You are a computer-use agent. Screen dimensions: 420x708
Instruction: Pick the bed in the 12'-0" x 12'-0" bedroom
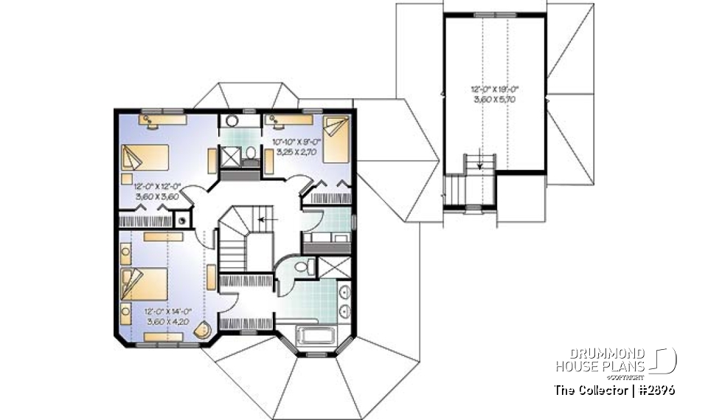point(143,157)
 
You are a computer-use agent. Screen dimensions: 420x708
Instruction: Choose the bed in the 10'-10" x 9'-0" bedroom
point(336,139)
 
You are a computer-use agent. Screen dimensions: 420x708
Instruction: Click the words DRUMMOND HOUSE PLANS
point(600,360)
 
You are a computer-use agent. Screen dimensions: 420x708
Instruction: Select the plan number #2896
point(657,390)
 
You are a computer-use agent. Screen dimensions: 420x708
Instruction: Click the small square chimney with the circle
point(181,219)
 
